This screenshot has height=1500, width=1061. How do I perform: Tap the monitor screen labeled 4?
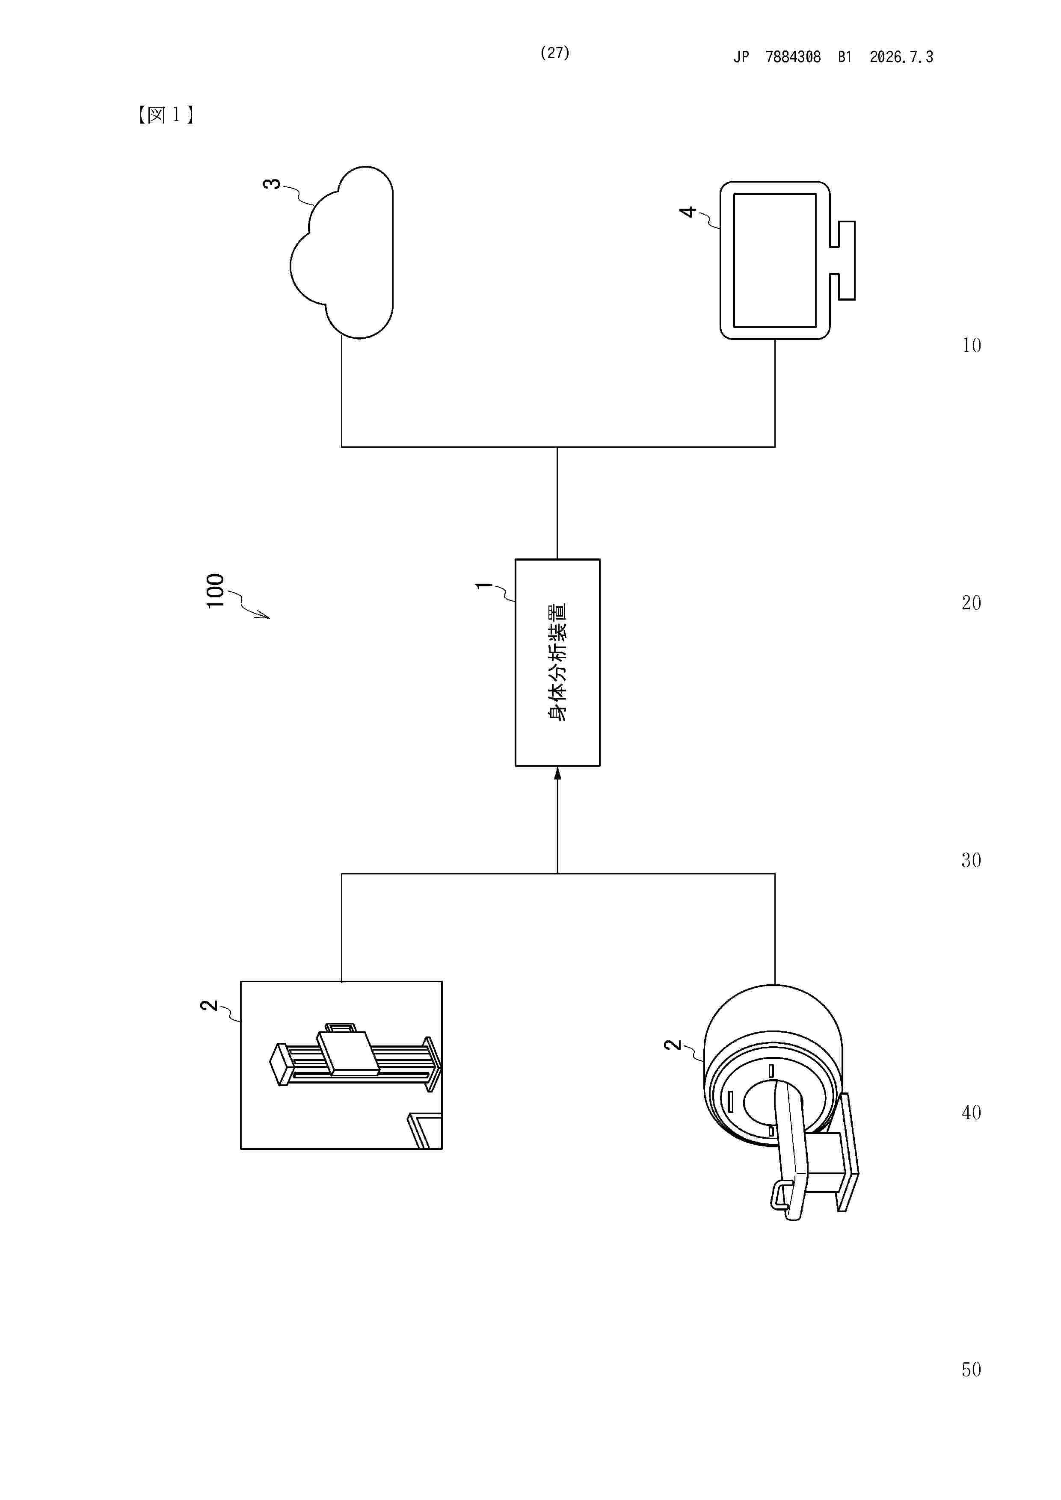(x=775, y=260)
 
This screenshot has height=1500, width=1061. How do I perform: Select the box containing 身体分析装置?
(x=557, y=662)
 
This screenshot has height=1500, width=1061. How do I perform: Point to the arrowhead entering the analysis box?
(x=557, y=774)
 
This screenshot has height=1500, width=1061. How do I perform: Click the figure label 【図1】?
(x=166, y=115)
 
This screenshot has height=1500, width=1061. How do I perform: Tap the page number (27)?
(x=554, y=53)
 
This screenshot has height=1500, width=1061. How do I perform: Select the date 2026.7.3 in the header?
(x=901, y=57)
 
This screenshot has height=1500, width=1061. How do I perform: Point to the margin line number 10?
(x=972, y=345)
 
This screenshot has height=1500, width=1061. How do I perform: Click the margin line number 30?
(x=972, y=860)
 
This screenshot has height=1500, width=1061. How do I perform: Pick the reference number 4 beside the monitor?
(x=688, y=212)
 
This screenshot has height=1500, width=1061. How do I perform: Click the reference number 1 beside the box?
(x=484, y=585)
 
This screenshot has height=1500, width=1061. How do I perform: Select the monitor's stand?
(x=843, y=260)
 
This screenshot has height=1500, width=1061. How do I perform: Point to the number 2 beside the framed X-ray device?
(x=208, y=1005)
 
